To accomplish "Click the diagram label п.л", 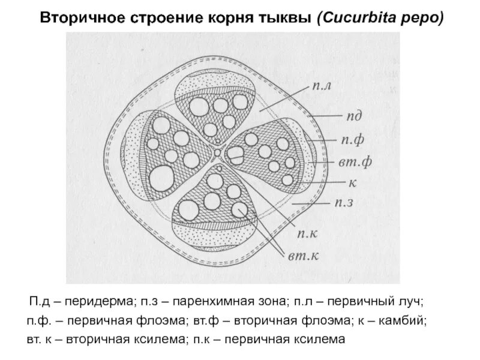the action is [x=322, y=88].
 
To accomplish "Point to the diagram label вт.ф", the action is [x=353, y=163].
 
